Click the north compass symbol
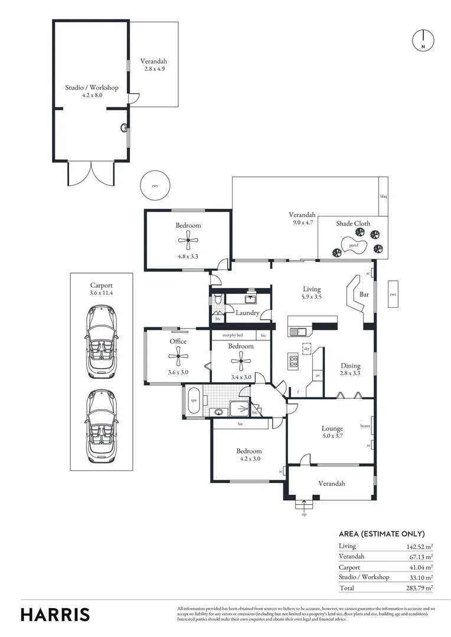(x=423, y=40)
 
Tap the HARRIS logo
(x=55, y=614)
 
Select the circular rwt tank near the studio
(x=155, y=186)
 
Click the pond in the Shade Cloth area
(x=353, y=245)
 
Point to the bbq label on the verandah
(x=383, y=196)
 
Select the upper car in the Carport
(x=103, y=342)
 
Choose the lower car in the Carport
(x=103, y=426)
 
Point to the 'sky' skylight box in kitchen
(x=306, y=349)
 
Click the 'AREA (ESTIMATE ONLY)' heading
(x=381, y=534)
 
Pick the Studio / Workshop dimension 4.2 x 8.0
(x=91, y=95)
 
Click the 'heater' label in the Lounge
(x=365, y=426)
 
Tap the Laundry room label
(x=247, y=313)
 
